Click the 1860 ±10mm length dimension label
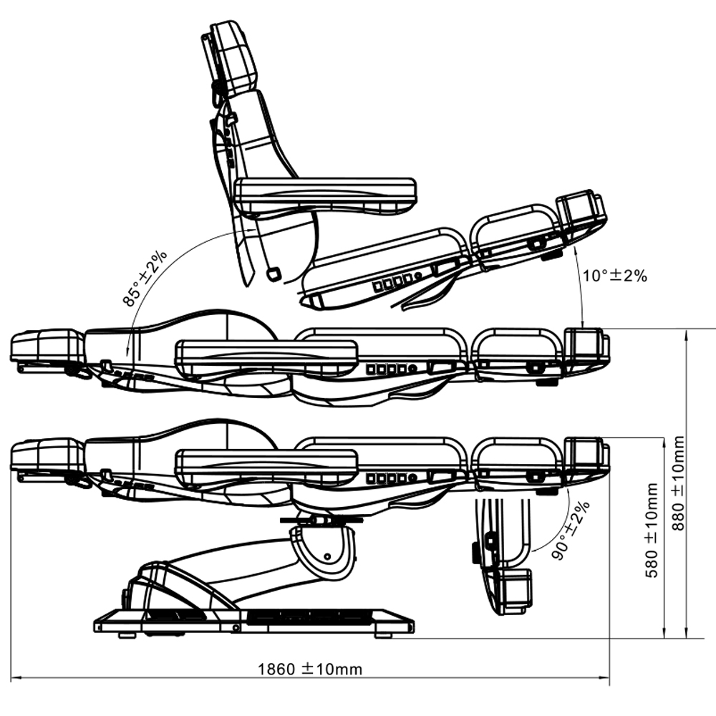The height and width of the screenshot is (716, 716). pos(310,669)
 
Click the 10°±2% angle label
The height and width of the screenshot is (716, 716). pos(614,276)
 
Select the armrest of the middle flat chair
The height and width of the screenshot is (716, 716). pos(266,351)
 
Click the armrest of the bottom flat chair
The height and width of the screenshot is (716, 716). pos(266,462)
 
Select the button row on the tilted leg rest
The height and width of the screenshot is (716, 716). pos(393,282)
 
